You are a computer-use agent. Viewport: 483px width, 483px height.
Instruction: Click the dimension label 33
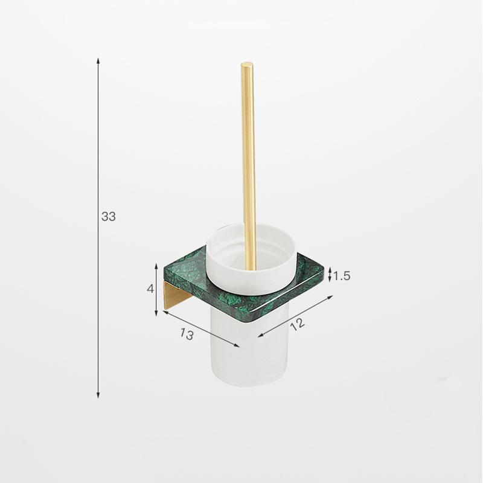[108, 217]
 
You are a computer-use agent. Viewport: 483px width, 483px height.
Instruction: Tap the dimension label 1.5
[342, 276]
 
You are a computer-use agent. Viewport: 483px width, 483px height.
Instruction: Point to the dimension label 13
[187, 334]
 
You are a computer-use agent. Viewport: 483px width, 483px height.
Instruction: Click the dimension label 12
[296, 324]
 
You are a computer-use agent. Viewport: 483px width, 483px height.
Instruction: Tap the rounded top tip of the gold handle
[246, 65]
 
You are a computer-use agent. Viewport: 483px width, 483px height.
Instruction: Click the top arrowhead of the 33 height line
[98, 61]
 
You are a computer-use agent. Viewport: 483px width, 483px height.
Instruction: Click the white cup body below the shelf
[241, 350]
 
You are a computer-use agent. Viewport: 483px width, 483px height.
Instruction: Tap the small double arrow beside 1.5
[330, 276]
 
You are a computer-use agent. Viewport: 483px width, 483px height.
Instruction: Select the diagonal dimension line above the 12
[296, 316]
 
